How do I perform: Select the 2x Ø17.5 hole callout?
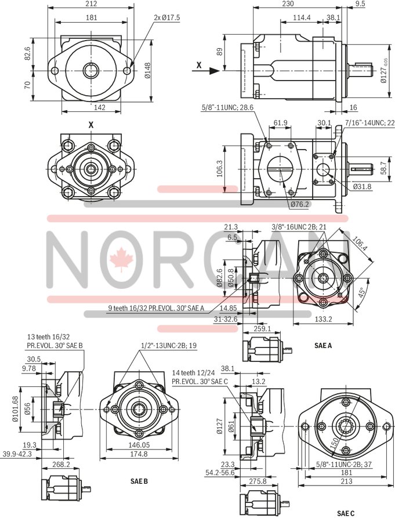pos(167,18)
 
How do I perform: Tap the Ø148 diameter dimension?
pos(148,71)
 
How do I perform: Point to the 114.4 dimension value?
pos(301,17)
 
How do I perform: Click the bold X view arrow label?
pos(199,66)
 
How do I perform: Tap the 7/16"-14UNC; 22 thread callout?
pos(369,123)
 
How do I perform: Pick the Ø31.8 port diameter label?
pos(362,186)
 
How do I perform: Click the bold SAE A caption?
pos(322,345)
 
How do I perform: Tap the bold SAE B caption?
pos(139,481)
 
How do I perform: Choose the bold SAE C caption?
pos(346,513)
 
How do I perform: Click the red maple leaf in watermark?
pos(122,258)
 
